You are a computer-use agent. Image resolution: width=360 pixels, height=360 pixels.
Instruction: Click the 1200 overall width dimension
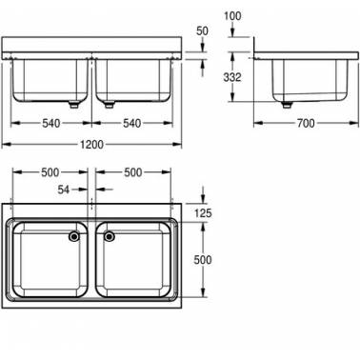pyautogui.click(x=91, y=145)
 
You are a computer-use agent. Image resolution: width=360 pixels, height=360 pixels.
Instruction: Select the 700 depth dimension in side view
pyautogui.click(x=306, y=123)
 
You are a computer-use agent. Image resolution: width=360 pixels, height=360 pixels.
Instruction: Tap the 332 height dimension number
pyautogui.click(x=232, y=77)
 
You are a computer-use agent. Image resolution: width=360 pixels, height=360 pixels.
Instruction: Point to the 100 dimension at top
pyautogui.click(x=232, y=16)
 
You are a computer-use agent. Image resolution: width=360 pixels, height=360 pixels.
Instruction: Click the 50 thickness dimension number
pyautogui.click(x=202, y=31)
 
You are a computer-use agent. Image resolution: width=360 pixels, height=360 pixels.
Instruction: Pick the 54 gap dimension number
pyautogui.click(x=64, y=190)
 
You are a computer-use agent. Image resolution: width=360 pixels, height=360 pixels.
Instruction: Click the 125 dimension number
pyautogui.click(x=203, y=213)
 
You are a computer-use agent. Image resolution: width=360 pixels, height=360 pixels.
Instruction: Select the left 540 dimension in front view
pyautogui.click(x=51, y=123)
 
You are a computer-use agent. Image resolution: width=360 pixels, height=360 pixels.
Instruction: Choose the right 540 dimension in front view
pyautogui.click(x=132, y=123)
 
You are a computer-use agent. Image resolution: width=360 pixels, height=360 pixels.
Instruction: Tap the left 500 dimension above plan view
pyautogui.click(x=50, y=172)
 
